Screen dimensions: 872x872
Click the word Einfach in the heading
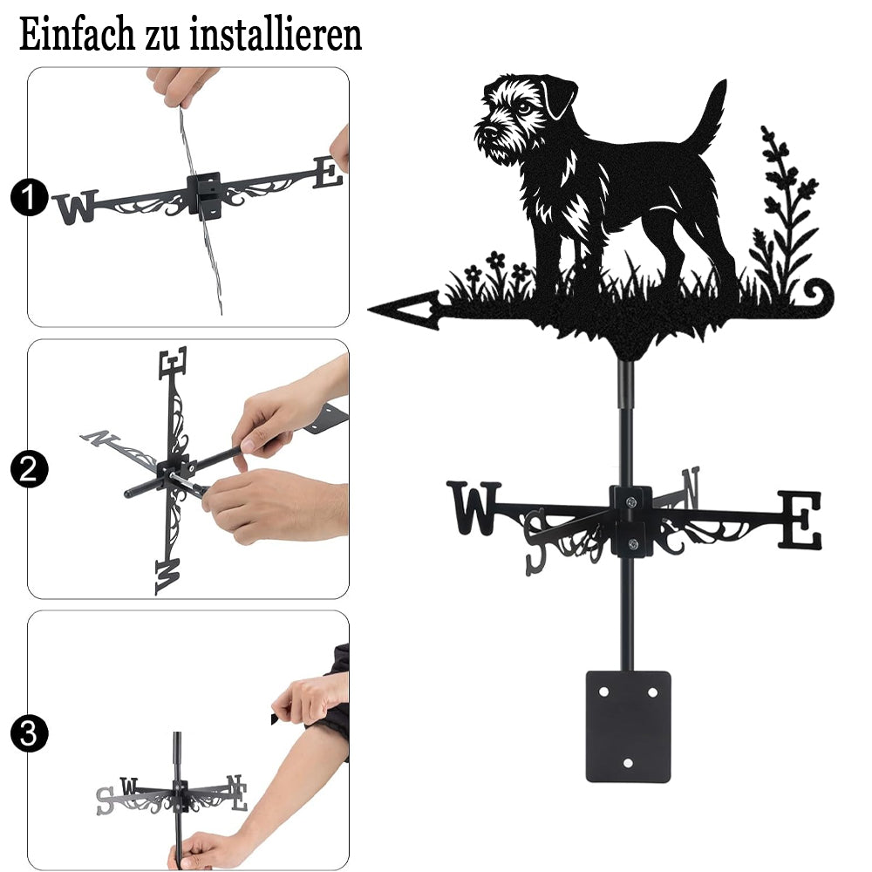point(77,35)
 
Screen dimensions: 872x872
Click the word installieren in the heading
point(276,35)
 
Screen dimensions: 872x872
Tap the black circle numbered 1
point(30,197)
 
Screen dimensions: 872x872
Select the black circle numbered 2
point(30,469)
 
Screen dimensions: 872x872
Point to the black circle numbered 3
point(30,733)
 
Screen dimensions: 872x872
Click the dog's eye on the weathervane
point(523,107)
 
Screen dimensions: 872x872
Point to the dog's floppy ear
point(559,97)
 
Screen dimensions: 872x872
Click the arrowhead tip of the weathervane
point(369,309)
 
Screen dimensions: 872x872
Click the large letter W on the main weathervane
point(473,508)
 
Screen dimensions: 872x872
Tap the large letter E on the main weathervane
point(800,520)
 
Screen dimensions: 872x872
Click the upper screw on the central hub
point(630,503)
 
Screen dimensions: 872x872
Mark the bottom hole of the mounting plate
point(629,763)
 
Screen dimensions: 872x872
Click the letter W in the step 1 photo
point(76,207)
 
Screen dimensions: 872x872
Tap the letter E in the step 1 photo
point(328,173)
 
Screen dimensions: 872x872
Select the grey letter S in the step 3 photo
point(106,800)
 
